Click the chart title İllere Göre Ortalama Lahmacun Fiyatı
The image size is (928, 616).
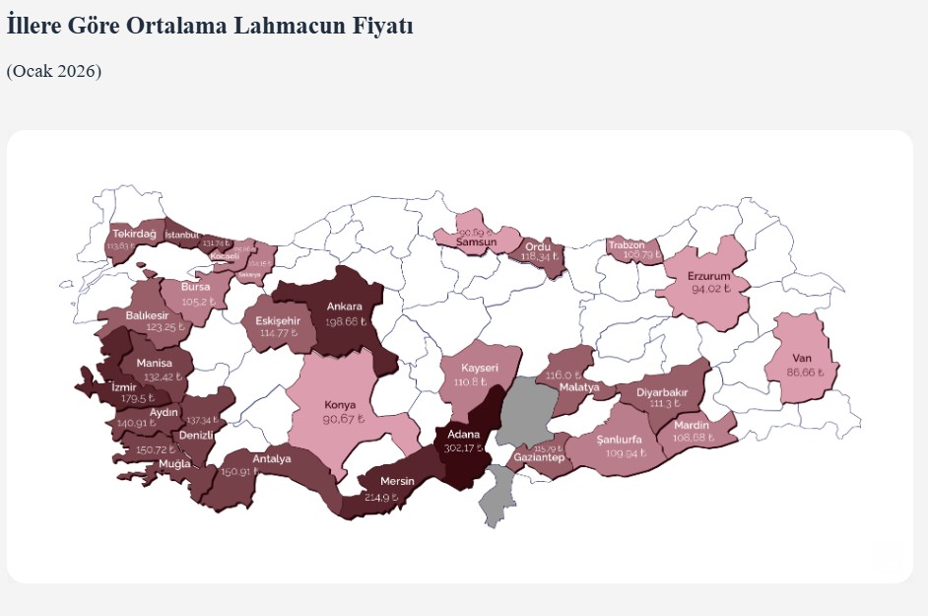pos(209,27)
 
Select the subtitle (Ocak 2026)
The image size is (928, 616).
pos(54,71)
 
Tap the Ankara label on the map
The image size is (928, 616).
pos(345,306)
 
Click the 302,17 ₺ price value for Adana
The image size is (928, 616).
pos(464,448)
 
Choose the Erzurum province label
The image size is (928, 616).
pos(709,276)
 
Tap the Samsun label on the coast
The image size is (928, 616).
pos(475,242)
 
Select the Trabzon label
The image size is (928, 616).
pos(627,243)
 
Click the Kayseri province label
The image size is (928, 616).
pos(480,368)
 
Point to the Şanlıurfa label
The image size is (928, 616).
pos(620,439)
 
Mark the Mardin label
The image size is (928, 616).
pos(693,425)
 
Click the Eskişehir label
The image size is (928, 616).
pos(278,320)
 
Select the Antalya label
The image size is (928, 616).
pos(272,458)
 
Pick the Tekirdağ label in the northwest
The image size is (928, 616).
pos(135,234)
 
